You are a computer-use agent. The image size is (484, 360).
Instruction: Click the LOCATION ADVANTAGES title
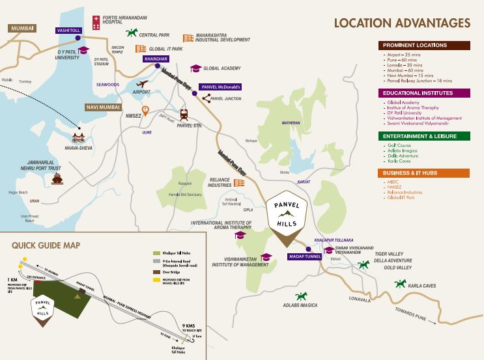[x=402, y=23]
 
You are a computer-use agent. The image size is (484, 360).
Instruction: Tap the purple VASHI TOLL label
[x=68, y=30]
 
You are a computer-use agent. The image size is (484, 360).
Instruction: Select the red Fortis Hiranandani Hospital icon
[x=96, y=21]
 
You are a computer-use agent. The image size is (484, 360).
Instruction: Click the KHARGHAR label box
[x=156, y=59]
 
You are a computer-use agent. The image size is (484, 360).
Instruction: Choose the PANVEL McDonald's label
[x=220, y=87]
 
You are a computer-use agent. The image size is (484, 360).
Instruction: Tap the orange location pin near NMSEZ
[x=146, y=110]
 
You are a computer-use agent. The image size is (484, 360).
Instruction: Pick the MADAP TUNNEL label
[x=305, y=256]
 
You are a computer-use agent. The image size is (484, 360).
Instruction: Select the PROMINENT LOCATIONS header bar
[x=424, y=46]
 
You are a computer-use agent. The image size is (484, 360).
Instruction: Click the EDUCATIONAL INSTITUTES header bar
[x=424, y=93]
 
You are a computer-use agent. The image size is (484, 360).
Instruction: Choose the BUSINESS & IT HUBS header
[x=424, y=173]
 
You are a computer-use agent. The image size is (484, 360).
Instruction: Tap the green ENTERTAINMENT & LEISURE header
[x=424, y=136]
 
